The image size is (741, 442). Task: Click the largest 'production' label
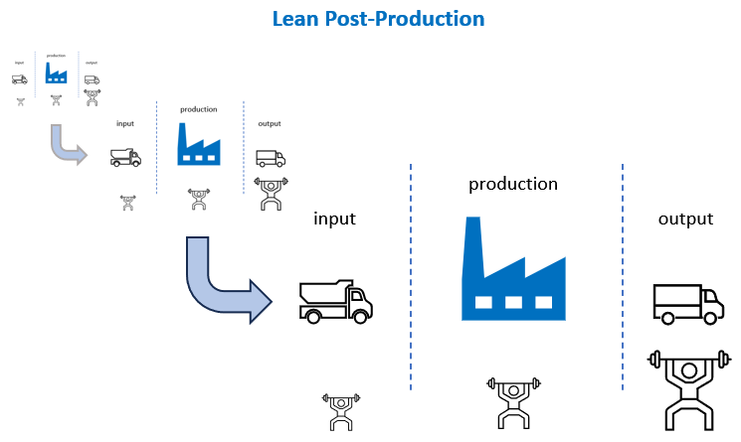click(x=513, y=185)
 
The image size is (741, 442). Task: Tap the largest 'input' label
click(x=334, y=219)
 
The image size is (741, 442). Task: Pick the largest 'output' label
click(x=685, y=219)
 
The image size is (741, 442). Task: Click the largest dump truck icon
click(x=335, y=301)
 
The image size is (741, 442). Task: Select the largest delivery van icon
click(x=687, y=303)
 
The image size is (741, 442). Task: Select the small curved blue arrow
click(x=67, y=146)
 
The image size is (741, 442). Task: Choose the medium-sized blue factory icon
click(x=199, y=144)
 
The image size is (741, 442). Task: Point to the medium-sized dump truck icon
click(x=125, y=157)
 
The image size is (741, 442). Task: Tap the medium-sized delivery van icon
click(x=270, y=158)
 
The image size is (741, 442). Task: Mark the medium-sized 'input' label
click(x=125, y=124)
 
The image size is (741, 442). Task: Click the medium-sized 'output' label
click(x=269, y=124)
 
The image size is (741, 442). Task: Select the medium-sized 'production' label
click(x=199, y=109)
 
